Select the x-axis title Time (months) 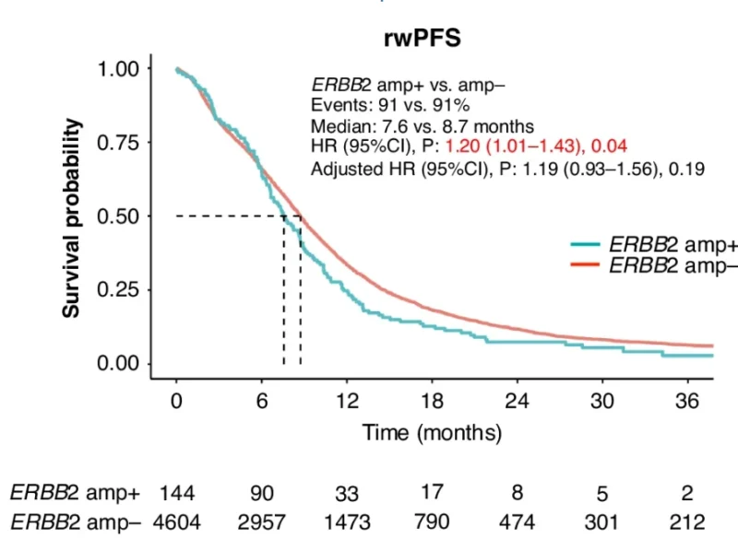point(432,432)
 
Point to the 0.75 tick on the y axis point(121,143)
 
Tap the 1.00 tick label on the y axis point(121,69)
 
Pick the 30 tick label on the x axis point(602,402)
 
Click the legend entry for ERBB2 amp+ point(654,244)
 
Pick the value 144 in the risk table point(175,494)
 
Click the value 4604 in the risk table point(175,521)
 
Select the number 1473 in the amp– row point(347,521)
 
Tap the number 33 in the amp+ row point(347,494)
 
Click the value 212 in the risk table point(687,521)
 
